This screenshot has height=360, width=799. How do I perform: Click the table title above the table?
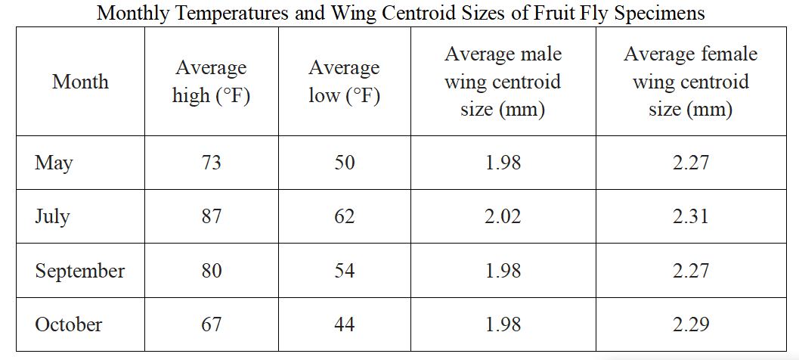coord(401,12)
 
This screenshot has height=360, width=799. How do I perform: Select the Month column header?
coord(81,82)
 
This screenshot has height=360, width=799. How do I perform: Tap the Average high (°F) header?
coord(211,82)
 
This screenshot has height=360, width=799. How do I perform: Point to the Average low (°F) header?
coord(345,82)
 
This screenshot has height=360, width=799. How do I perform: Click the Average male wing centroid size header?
coord(503,82)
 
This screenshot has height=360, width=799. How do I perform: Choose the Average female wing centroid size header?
coord(690,82)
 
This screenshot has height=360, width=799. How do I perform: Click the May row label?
coord(54,163)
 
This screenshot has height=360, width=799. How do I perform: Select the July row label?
coord(52,217)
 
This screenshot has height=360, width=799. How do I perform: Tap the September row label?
coord(79,271)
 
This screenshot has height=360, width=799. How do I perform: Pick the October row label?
coord(68,324)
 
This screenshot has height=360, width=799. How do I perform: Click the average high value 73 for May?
coord(211,163)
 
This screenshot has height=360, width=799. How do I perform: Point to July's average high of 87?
coord(211,216)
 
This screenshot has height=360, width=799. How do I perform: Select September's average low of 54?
coord(345,270)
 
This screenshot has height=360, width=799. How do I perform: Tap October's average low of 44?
coord(345,324)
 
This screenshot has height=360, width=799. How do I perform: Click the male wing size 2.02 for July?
coord(503,216)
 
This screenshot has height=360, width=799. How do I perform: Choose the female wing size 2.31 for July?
coord(690,216)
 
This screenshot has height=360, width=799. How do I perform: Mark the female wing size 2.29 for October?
coord(690,324)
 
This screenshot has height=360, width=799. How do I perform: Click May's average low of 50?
coord(345,163)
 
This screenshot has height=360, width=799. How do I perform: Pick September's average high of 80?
coord(211,270)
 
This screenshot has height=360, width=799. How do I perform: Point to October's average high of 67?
coord(211,324)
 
